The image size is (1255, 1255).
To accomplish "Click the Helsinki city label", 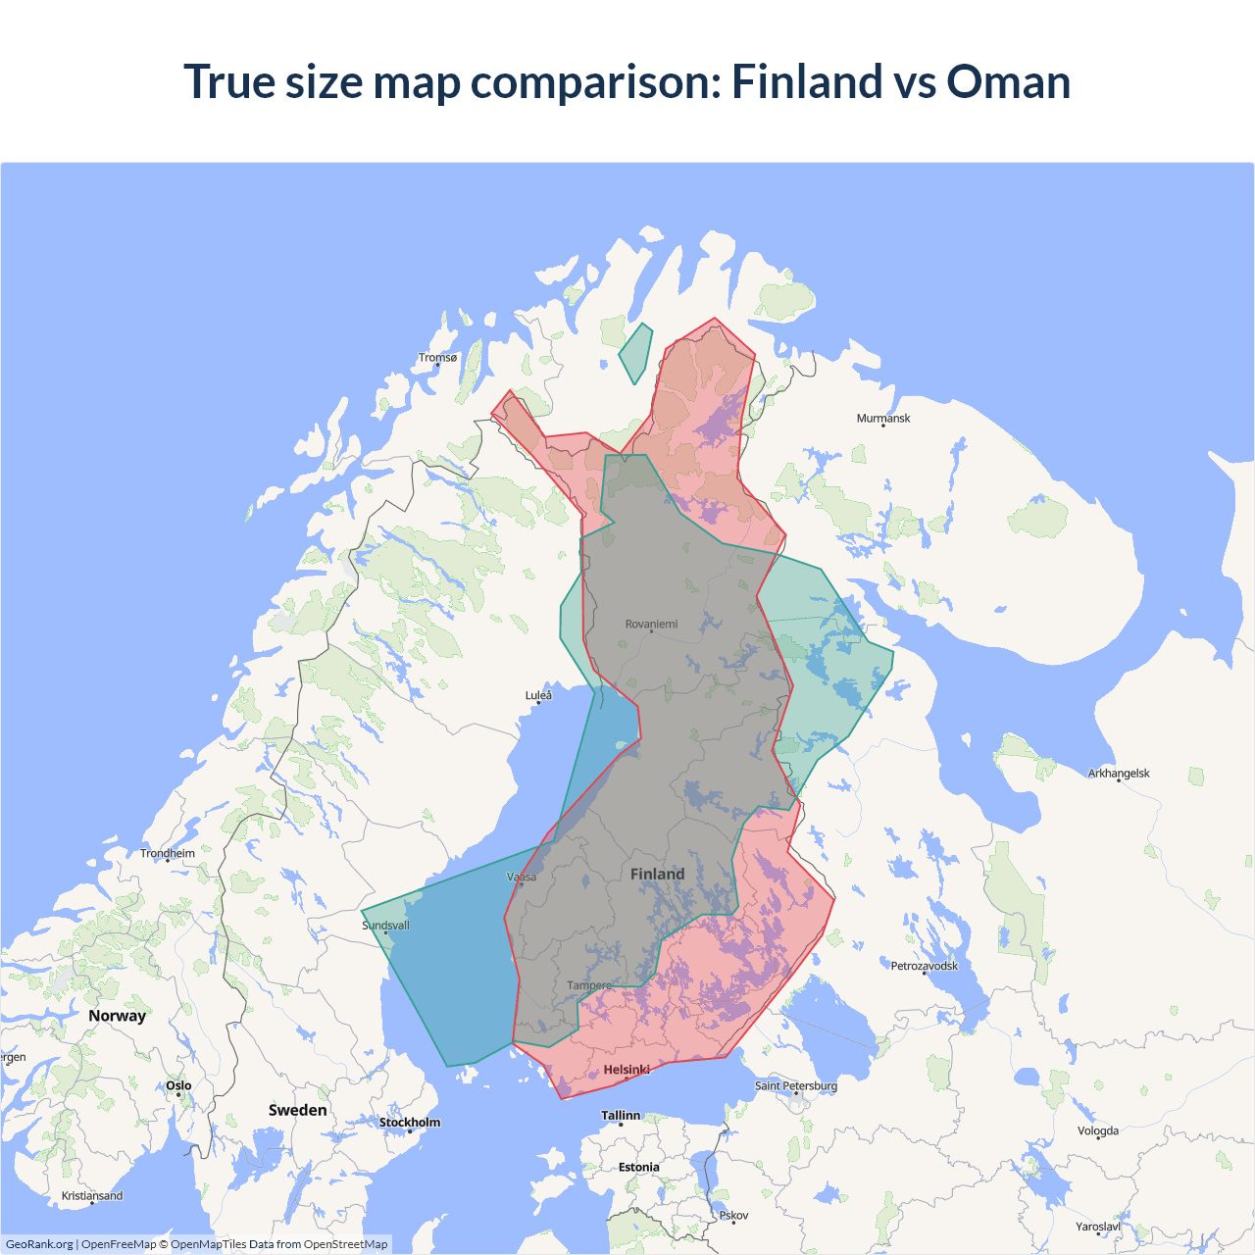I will (x=627, y=1070).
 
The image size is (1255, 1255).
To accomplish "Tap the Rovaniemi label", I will (x=651, y=624).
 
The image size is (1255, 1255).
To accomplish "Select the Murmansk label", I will (x=883, y=419).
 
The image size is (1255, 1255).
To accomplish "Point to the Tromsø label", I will (x=437, y=358).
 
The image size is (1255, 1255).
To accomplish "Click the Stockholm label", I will (x=410, y=1123).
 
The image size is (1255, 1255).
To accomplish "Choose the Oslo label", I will (x=178, y=1085).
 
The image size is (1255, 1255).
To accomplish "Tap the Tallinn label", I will (x=621, y=1116).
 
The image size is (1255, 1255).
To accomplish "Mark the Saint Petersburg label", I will (x=796, y=1086).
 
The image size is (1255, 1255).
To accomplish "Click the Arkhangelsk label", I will (x=1119, y=774).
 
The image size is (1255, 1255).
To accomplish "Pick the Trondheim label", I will (x=168, y=854).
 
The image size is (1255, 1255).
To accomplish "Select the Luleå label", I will (x=538, y=696).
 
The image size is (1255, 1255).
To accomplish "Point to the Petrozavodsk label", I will (x=924, y=967).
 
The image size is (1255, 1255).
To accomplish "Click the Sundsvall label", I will (x=385, y=926).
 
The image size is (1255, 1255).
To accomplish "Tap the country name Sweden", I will (x=298, y=1110).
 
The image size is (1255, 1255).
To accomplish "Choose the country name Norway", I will (x=117, y=1016).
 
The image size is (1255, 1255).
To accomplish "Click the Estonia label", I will (x=638, y=1168).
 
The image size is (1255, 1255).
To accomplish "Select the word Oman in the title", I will (x=1008, y=81).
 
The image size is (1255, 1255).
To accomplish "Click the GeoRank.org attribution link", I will (x=39, y=1244).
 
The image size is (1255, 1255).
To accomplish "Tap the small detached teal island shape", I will (x=636, y=353).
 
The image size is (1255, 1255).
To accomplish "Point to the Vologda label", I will (x=1098, y=1131).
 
